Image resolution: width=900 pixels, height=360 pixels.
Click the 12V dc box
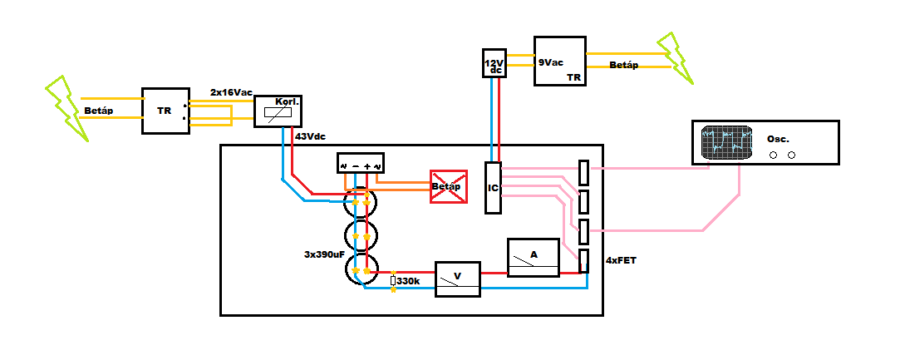coord(493,63)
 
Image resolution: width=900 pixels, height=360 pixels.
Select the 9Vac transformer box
coord(559,61)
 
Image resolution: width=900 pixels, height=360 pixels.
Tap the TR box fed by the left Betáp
coord(166,111)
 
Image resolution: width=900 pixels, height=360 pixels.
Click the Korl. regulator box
coord(278,111)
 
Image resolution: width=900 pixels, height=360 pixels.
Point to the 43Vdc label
coord(311,137)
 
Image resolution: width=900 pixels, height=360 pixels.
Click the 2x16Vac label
coord(231,91)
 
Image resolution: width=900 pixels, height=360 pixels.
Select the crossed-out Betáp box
coord(449,186)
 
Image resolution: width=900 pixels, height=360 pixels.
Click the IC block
coord(493,188)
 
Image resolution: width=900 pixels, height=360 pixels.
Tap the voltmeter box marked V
coord(457,279)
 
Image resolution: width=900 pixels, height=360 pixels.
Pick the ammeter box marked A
coord(534,258)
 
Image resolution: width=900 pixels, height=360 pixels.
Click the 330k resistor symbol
coord(393,281)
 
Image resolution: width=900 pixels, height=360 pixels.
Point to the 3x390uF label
coord(324,254)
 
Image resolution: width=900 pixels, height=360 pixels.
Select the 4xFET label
coord(621,260)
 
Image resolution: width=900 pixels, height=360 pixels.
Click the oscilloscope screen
coord(727,142)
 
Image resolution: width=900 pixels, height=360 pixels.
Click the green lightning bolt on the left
coord(68,108)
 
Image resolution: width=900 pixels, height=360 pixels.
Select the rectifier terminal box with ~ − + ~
coord(360,163)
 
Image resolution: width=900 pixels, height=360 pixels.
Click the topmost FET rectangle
coord(583,172)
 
